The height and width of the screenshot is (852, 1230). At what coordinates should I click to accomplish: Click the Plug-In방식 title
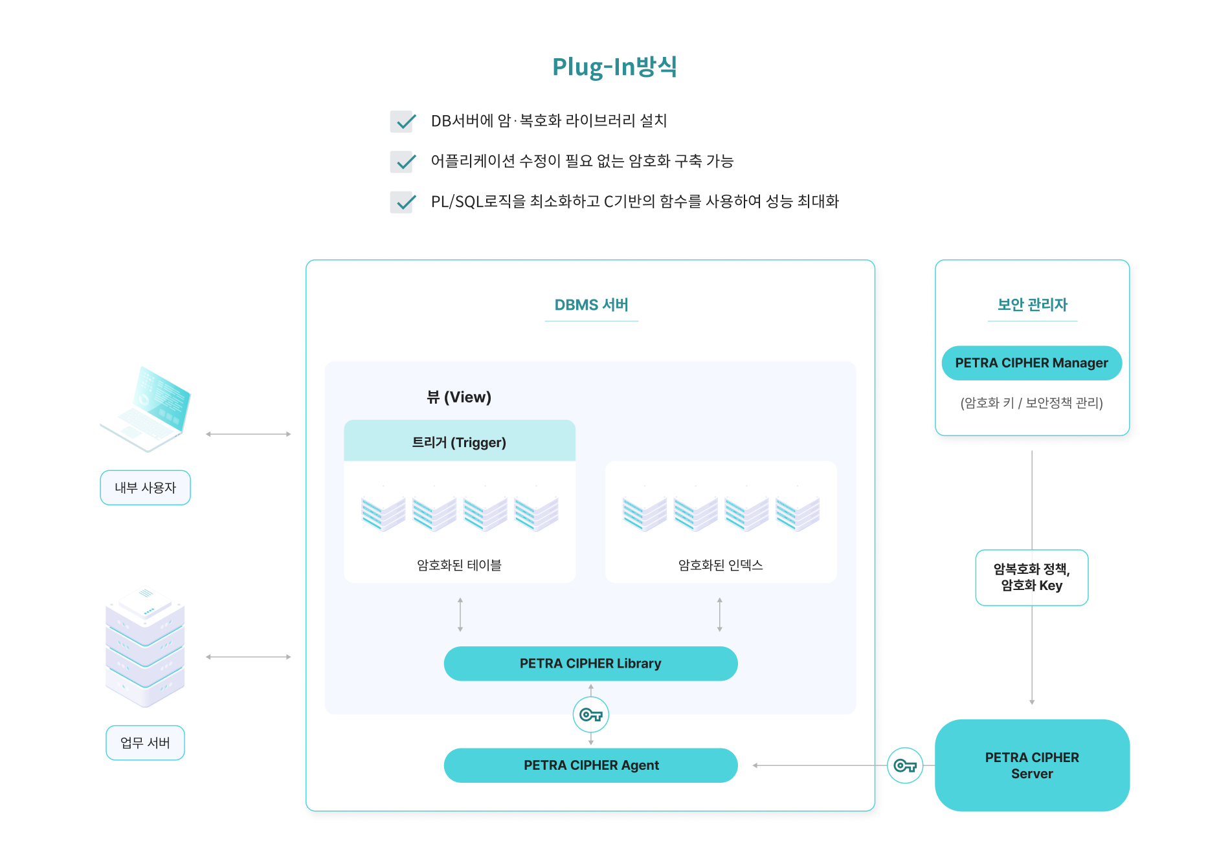click(614, 67)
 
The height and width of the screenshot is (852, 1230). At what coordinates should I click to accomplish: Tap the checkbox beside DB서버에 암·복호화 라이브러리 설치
click(403, 121)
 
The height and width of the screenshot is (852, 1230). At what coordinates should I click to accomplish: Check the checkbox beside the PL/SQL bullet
click(403, 202)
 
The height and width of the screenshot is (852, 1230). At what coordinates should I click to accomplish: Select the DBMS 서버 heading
click(591, 305)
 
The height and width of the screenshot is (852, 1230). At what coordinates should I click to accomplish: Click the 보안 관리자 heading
click(1032, 305)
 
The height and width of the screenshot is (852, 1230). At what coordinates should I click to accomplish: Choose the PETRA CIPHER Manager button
click(1031, 363)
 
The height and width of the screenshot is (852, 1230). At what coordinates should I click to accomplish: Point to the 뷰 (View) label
click(459, 397)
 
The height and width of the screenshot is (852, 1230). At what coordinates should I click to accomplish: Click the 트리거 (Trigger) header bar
click(459, 442)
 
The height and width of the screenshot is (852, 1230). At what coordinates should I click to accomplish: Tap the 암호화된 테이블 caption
click(459, 565)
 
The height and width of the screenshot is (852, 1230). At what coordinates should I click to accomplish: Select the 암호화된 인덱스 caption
click(721, 565)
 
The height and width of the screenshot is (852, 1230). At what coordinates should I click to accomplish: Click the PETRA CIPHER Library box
click(590, 664)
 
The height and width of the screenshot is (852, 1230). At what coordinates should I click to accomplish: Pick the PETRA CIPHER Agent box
click(590, 765)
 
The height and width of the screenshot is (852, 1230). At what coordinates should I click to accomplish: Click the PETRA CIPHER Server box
click(1032, 765)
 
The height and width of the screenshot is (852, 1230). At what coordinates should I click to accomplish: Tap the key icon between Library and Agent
click(590, 715)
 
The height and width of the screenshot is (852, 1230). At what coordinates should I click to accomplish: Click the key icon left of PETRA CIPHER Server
click(904, 766)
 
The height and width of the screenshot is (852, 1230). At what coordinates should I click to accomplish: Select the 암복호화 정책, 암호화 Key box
click(1031, 577)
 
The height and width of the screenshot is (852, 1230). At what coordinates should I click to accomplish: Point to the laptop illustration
click(147, 409)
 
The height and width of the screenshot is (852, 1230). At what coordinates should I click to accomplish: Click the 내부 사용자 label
click(145, 488)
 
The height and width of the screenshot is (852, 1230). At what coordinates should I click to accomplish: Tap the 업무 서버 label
click(145, 743)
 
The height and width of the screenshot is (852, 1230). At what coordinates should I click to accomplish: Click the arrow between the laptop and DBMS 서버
click(249, 434)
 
